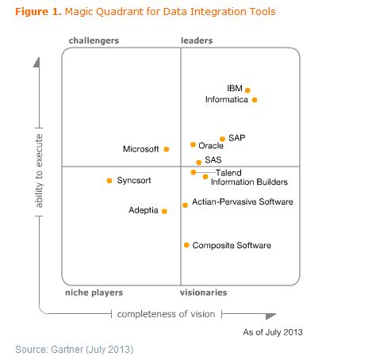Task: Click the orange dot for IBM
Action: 247,90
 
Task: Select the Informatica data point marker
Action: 255,100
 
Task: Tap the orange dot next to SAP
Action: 222,139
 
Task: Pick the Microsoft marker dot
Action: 166,149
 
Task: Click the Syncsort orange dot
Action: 109,181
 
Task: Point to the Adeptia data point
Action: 164,211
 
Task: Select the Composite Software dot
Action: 186,246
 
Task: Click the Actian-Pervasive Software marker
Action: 185,205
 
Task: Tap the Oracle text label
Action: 211,146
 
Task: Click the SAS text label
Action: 213,160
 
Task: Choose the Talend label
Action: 228,172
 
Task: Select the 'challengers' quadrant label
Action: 94,40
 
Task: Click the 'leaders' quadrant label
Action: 196,40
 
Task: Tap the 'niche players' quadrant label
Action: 93,293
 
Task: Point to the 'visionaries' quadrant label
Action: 203,293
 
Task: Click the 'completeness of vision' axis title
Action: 166,314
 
